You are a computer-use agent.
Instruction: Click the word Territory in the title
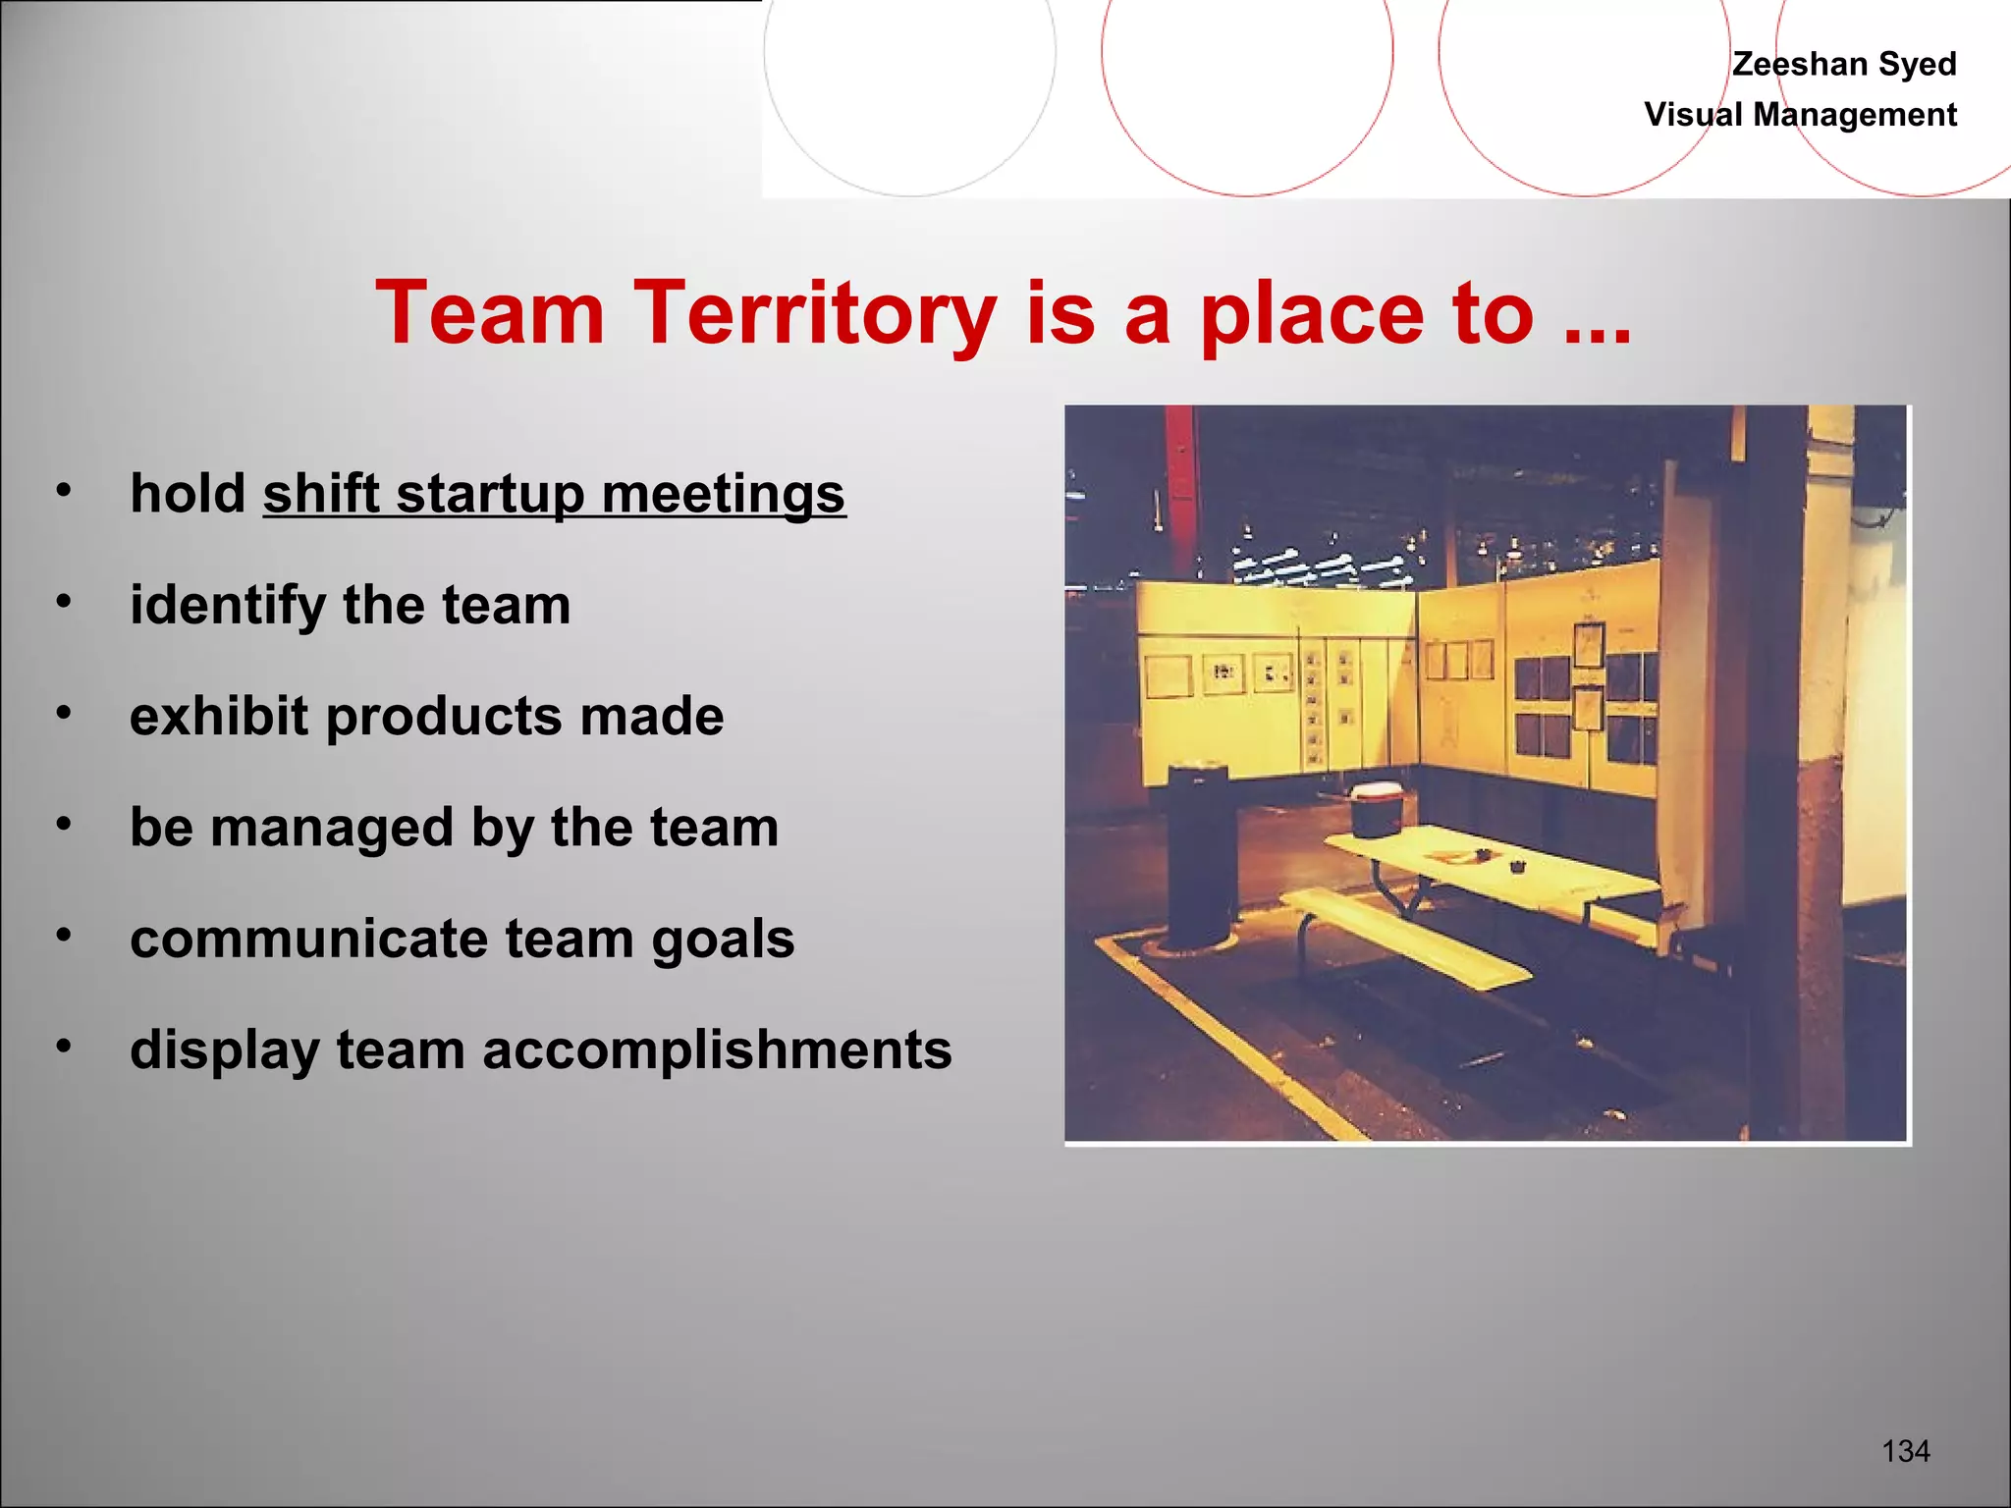point(815,314)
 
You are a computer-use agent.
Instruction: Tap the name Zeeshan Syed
point(1843,64)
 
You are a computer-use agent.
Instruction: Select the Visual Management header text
point(1800,115)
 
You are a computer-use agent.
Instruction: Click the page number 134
point(1905,1451)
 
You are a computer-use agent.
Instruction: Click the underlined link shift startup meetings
point(554,494)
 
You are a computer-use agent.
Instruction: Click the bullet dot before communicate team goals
point(64,936)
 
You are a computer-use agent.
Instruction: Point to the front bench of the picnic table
point(1404,938)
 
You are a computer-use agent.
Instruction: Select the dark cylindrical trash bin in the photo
point(1200,854)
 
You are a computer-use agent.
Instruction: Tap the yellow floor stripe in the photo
point(1227,1031)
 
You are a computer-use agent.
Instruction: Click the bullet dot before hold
point(64,490)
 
